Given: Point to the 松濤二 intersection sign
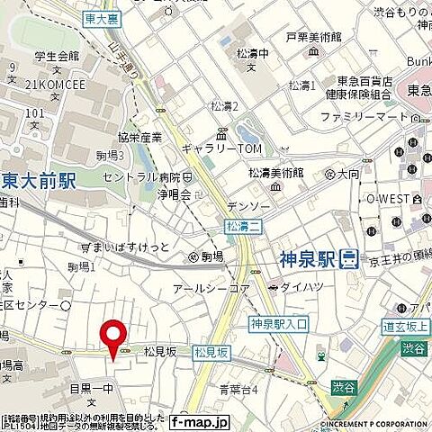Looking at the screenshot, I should (238, 226).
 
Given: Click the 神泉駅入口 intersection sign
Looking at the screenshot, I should (279, 323).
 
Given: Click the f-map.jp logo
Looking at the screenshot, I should (199, 420).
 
